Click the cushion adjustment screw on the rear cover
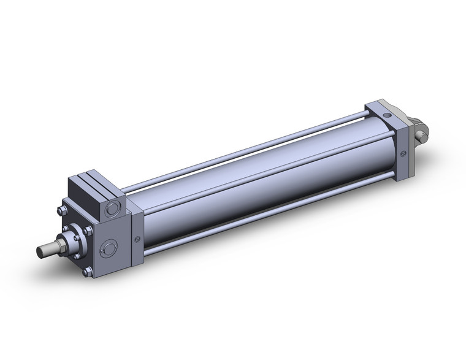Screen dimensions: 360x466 [402, 155]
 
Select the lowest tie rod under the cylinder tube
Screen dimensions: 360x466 [258, 227]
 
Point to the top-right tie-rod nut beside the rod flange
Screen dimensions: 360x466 [88, 230]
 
